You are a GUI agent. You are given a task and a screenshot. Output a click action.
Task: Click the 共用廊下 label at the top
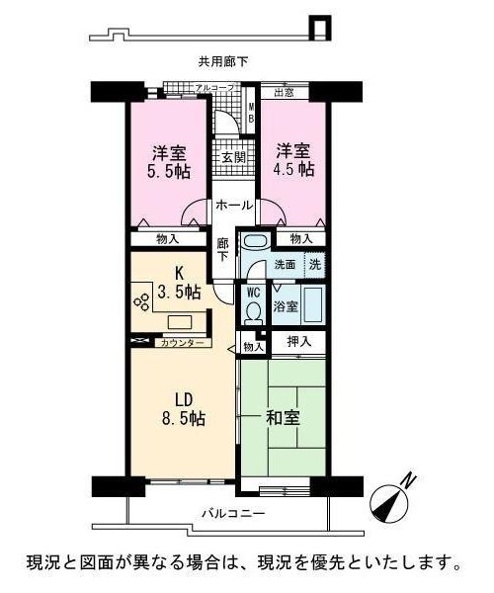coord(223,61)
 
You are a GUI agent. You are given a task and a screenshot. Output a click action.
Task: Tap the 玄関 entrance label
coord(233,157)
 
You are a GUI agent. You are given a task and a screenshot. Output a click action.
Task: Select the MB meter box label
coord(251,113)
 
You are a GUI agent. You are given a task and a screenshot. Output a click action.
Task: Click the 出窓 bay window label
coord(284,92)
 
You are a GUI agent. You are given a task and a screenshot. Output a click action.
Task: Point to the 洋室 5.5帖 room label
coord(169,161)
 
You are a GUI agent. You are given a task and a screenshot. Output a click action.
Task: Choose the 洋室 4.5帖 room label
coord(293,160)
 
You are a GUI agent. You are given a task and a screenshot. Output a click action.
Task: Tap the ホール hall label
coord(234,206)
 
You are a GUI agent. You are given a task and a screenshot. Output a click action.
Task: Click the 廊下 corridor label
coord(222,249)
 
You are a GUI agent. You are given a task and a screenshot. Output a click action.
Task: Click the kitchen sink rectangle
coord(180,322)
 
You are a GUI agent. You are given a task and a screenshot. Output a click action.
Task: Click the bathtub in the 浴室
coord(312,304)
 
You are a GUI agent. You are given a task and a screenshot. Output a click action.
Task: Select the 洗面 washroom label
coord(285,265)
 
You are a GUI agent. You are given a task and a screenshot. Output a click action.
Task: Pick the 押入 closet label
coord(299,342)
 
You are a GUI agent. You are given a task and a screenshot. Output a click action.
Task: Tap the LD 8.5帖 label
coord(184,409)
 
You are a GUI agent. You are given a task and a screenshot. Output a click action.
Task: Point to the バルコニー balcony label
coord(233,513)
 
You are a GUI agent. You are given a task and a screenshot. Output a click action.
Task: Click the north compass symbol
coord(390,500)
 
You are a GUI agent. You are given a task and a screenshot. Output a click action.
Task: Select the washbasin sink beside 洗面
coord(255,240)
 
